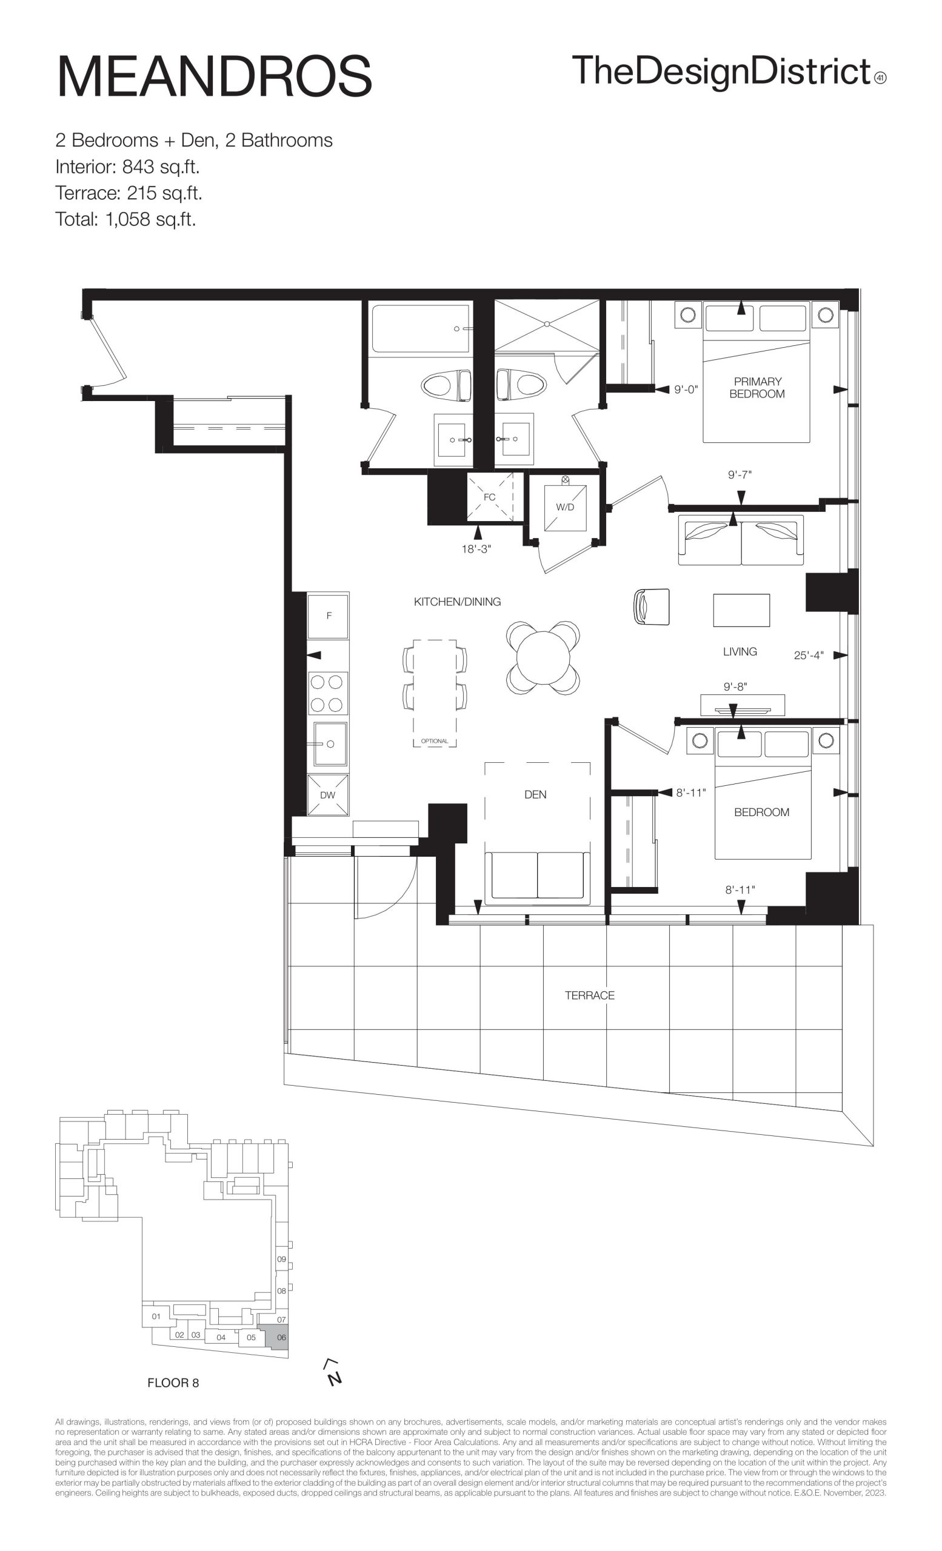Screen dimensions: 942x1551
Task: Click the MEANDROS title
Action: (215, 76)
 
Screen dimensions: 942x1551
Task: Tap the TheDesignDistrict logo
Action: (729, 72)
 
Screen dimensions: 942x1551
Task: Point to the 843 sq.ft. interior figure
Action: (161, 167)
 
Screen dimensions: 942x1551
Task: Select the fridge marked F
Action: (328, 616)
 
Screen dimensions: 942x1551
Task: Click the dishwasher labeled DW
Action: (327, 795)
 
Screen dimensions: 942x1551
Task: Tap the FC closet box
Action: (489, 497)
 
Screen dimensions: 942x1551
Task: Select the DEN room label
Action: (535, 794)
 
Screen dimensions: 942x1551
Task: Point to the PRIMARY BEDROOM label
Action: (757, 388)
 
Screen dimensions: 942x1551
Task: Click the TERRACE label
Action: (589, 995)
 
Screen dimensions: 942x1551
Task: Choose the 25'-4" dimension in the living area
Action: (809, 656)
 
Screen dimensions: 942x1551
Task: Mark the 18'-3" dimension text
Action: (476, 549)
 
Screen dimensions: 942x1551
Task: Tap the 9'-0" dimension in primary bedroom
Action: (686, 390)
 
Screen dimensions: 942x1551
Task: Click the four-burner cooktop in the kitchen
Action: (327, 693)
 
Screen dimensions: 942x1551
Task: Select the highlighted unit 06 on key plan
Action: (278, 1337)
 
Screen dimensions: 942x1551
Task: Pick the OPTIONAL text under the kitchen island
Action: (435, 741)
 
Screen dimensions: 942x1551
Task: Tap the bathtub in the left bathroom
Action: (421, 328)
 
